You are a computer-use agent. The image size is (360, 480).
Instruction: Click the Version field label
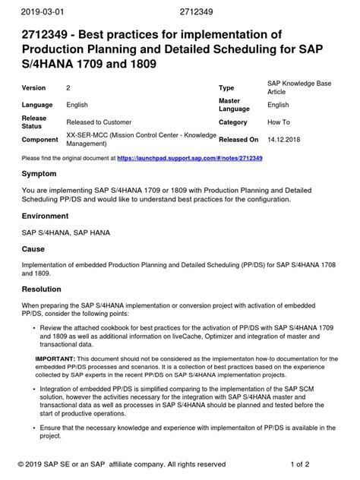click(x=35, y=88)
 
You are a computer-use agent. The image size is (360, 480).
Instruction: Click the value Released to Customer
click(x=99, y=122)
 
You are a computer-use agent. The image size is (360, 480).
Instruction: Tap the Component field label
click(x=41, y=140)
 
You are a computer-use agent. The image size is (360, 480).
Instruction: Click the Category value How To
click(x=279, y=122)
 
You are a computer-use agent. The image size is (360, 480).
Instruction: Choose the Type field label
click(x=226, y=88)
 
